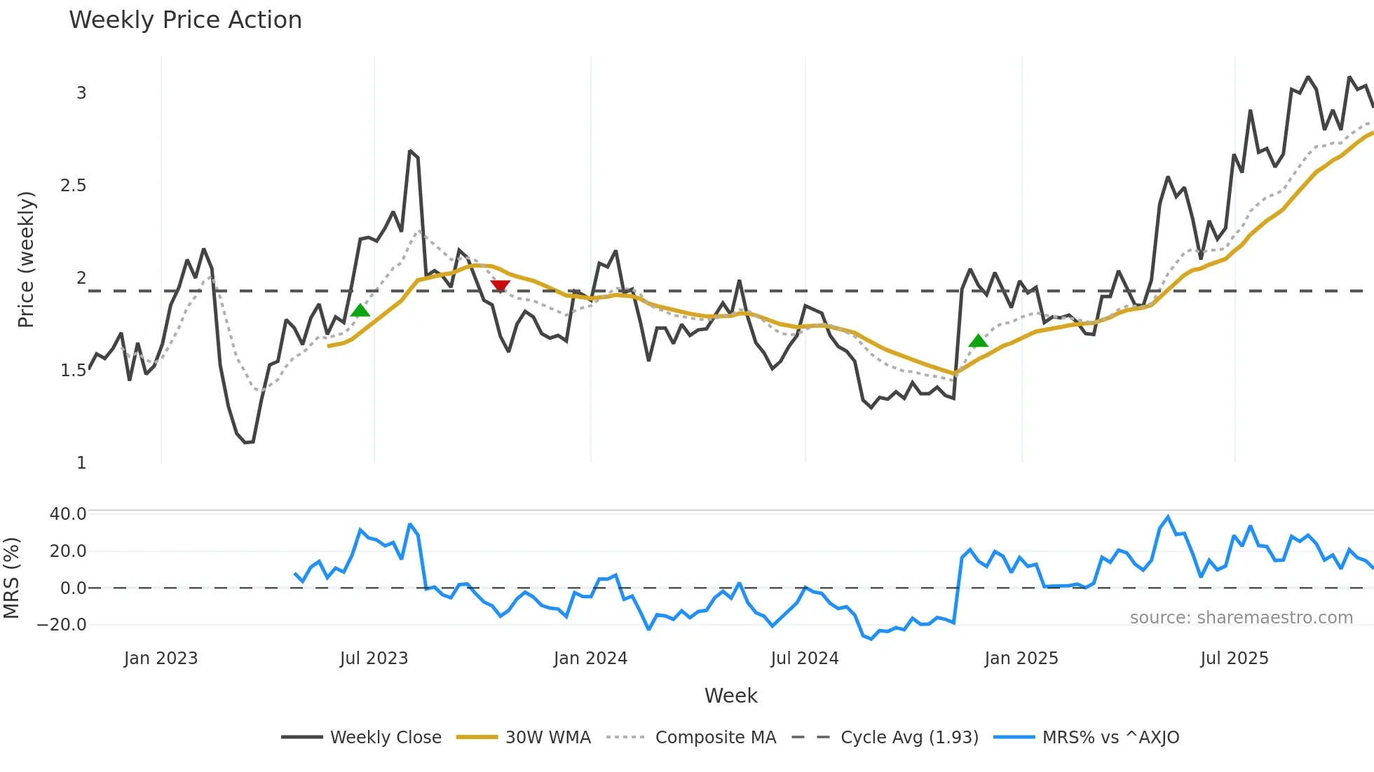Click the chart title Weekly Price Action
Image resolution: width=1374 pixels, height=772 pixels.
click(185, 20)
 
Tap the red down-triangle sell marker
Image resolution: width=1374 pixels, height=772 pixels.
click(500, 286)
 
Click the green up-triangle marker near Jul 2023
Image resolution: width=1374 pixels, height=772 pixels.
click(360, 310)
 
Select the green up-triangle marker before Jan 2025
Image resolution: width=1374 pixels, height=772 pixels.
click(978, 341)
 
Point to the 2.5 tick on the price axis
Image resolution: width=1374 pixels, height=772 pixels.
click(73, 186)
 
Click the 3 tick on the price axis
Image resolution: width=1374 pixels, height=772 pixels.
click(81, 93)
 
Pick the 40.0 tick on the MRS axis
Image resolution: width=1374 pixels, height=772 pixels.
click(67, 513)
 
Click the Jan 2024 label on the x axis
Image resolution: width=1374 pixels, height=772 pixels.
click(590, 659)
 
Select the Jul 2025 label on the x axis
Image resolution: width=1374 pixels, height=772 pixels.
click(1234, 659)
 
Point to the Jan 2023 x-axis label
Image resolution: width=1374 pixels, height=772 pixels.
click(161, 659)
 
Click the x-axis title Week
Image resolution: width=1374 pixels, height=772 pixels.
click(730, 696)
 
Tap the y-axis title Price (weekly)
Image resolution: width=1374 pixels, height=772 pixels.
click(26, 259)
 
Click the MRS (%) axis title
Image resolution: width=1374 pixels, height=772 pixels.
click(11, 578)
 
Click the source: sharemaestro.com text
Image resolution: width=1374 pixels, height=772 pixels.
click(1241, 618)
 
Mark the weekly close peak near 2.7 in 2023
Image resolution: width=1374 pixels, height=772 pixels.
click(410, 151)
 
